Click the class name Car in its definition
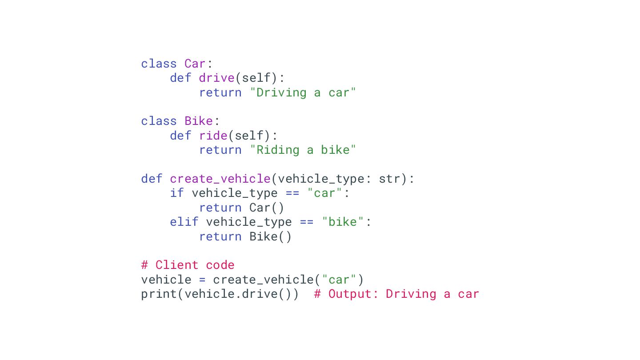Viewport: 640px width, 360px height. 195,64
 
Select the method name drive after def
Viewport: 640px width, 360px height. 216,78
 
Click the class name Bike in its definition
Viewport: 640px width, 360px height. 199,121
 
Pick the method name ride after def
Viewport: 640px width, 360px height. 213,136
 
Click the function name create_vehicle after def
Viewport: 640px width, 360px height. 220,179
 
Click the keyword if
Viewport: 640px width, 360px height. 177,193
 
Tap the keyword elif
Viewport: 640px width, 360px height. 184,222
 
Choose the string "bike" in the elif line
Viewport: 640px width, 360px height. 343,222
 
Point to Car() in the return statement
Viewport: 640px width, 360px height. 267,208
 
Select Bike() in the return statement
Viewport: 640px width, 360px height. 270,236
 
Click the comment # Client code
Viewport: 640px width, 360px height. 188,265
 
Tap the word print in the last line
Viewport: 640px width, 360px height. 159,294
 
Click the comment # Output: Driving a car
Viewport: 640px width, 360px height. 396,294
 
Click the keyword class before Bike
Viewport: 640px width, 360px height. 159,121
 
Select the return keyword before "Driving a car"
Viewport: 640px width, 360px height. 220,92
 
